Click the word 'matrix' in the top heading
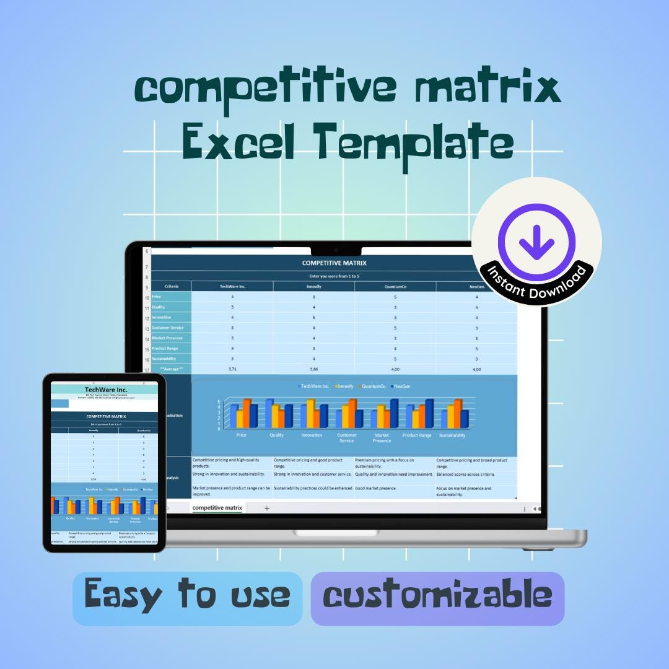coord(489,89)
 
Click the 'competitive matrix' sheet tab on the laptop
coord(217,508)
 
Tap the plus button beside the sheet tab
coord(267,508)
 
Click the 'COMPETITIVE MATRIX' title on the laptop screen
coord(334,263)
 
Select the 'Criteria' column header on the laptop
coord(172,286)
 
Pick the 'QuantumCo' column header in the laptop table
coord(395,286)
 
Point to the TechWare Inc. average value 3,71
coord(232,369)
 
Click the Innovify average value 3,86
coord(313,369)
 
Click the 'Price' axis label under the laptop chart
coord(242,435)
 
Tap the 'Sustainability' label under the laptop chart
coord(452,435)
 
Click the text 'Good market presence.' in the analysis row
coord(375,488)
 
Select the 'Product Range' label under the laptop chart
coord(417,435)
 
